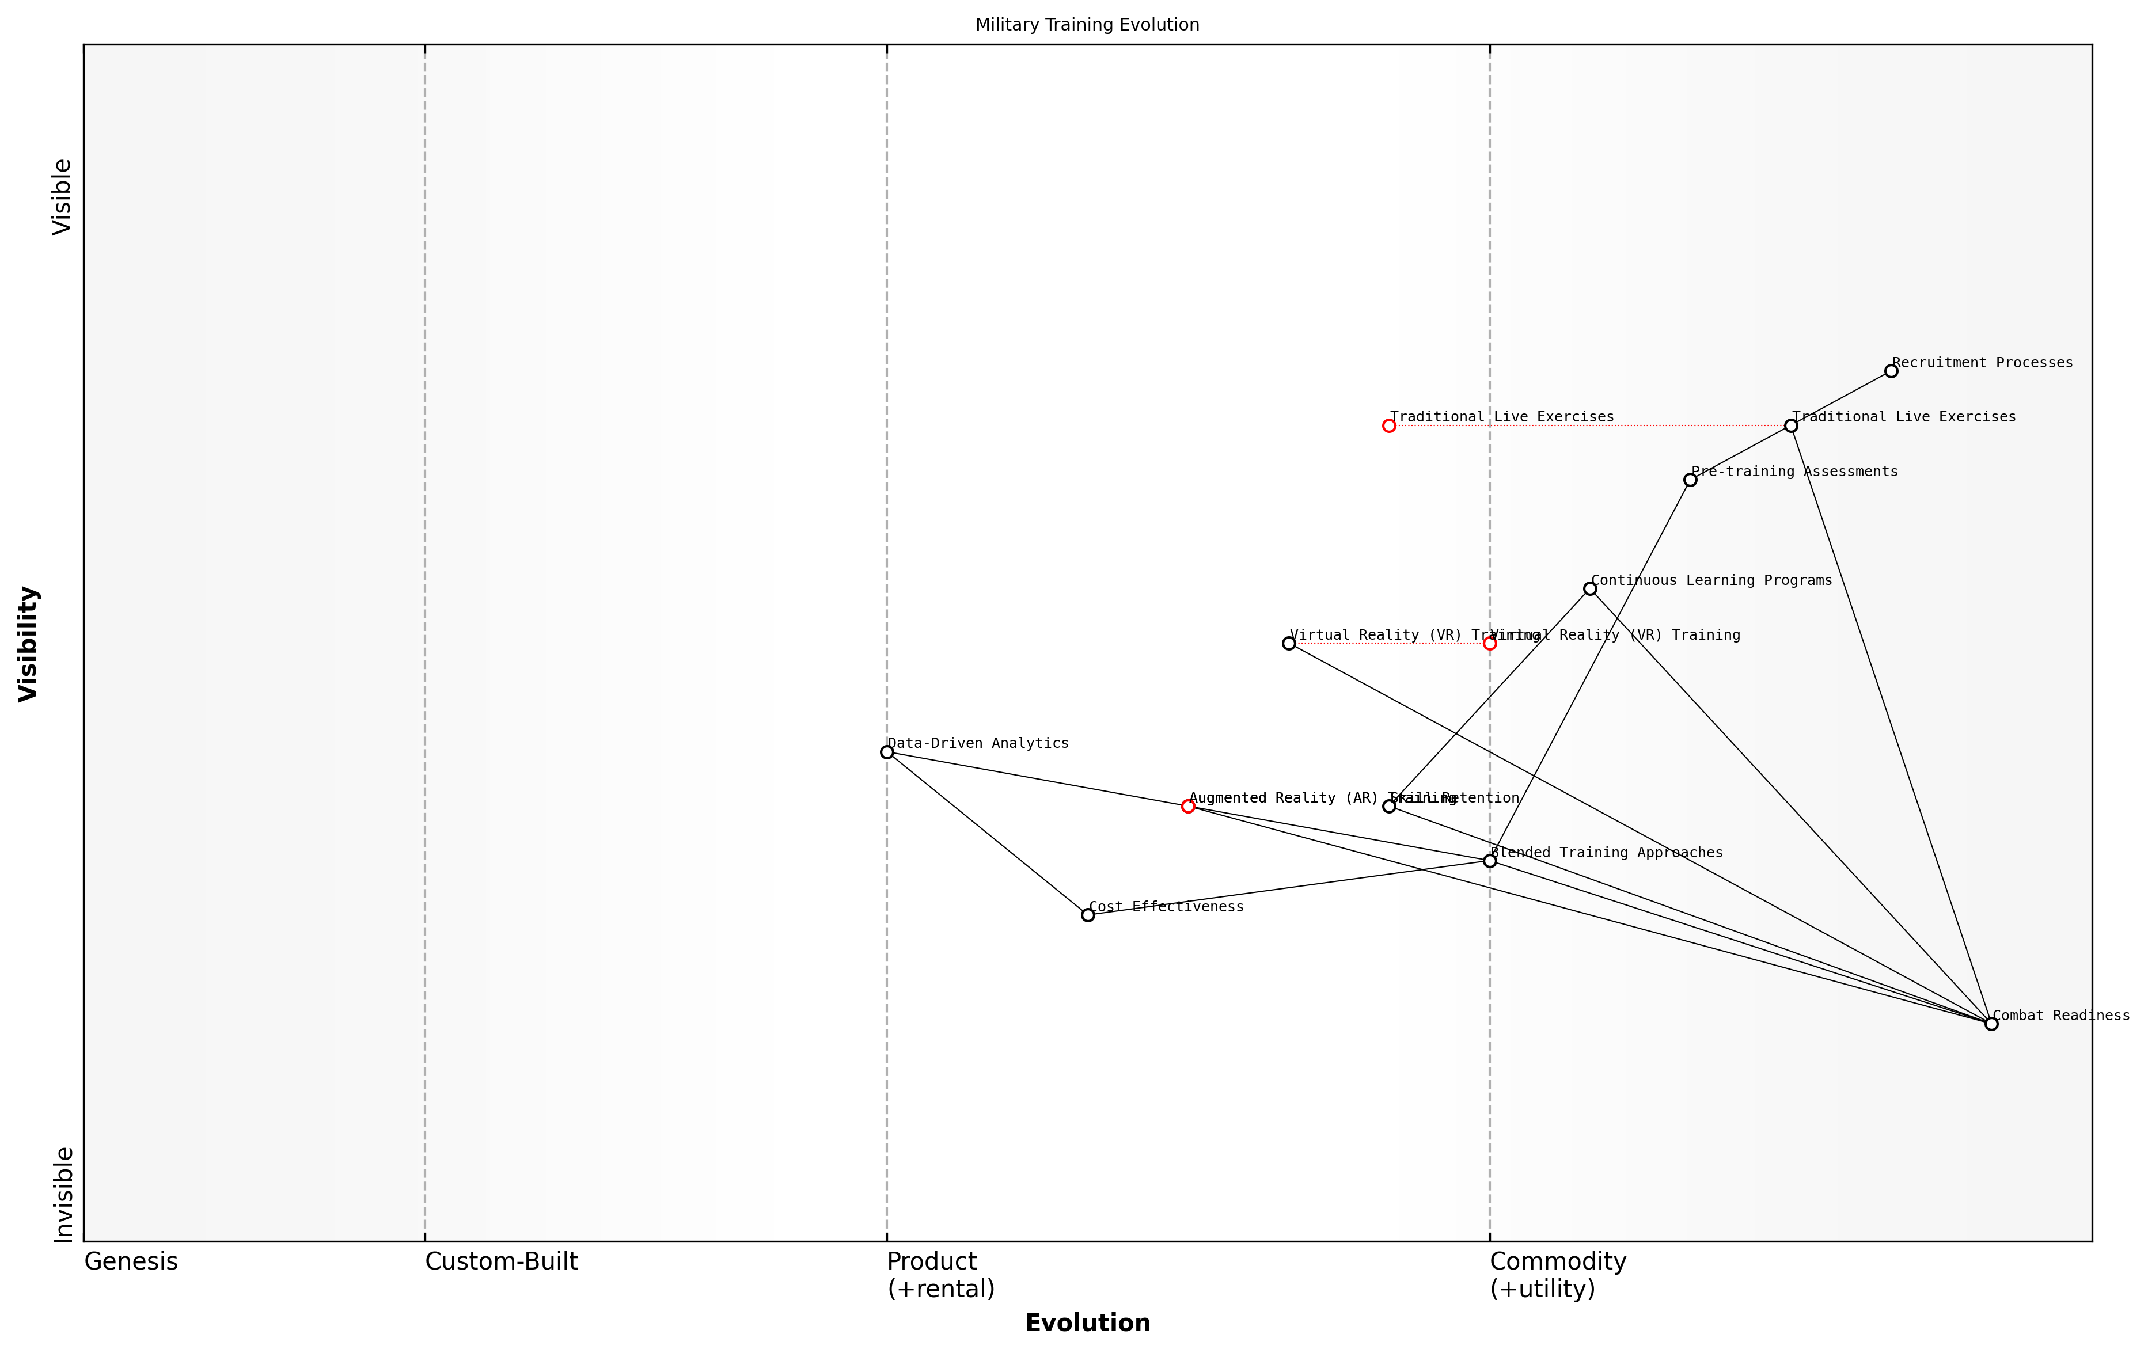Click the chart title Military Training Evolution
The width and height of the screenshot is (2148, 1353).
point(1087,25)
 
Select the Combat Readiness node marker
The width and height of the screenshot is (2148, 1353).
point(1991,1024)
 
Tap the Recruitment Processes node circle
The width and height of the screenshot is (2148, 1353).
point(1891,371)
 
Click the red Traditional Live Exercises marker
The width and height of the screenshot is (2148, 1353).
point(1389,425)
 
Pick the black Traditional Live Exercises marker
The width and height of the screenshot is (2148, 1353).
point(1790,425)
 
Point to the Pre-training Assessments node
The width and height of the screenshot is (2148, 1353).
point(1690,480)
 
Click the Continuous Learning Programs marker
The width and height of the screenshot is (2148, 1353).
point(1589,588)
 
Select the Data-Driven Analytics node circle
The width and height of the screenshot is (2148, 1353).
point(887,752)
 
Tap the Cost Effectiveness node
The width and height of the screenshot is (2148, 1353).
point(1087,915)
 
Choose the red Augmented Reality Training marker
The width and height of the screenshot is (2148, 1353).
point(1188,806)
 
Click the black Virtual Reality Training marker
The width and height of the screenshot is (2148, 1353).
point(1288,643)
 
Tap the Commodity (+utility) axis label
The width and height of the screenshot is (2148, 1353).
point(1558,1275)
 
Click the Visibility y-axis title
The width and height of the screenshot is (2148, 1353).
point(29,643)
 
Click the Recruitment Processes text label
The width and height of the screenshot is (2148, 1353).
point(1982,362)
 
